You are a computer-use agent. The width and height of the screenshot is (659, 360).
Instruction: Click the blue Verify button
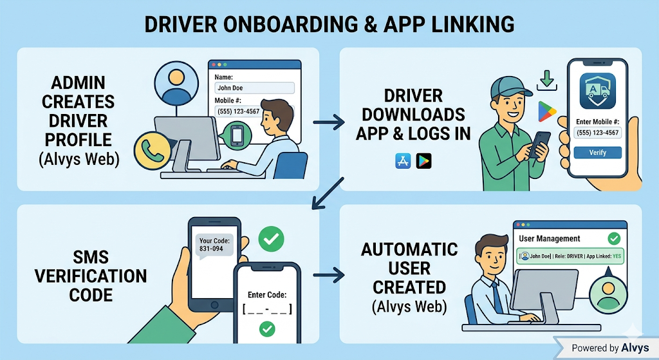pyautogui.click(x=597, y=152)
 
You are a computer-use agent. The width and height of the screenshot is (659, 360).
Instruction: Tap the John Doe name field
pyautogui.click(x=254, y=88)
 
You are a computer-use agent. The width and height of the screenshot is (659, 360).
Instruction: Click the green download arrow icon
pyautogui.click(x=546, y=81)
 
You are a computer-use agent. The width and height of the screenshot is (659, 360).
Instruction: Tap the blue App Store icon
pyautogui.click(x=403, y=161)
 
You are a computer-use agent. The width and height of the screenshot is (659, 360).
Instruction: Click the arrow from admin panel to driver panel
pyautogui.click(x=329, y=122)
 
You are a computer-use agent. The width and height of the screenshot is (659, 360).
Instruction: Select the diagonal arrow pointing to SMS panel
pyautogui.click(x=328, y=193)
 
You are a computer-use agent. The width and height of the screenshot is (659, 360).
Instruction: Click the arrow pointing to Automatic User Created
pyautogui.click(x=329, y=276)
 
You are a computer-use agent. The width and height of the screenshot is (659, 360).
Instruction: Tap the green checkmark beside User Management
pyautogui.click(x=614, y=239)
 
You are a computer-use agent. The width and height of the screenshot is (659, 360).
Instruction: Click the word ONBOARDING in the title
pyautogui.click(x=290, y=25)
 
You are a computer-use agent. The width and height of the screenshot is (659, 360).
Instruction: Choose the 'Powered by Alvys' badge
pyautogui.click(x=606, y=347)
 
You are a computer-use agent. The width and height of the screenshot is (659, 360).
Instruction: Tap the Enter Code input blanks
pyautogui.click(x=267, y=309)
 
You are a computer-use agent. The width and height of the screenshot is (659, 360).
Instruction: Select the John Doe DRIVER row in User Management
pyautogui.click(x=570, y=256)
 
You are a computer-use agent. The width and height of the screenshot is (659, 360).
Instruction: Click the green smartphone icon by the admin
pyautogui.click(x=237, y=135)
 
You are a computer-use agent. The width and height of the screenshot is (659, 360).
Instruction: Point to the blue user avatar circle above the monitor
pyautogui.click(x=176, y=83)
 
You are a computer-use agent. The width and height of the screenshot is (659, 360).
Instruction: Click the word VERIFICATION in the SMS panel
pyautogui.click(x=91, y=276)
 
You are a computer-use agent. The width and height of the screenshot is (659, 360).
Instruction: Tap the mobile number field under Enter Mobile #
pyautogui.click(x=597, y=133)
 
